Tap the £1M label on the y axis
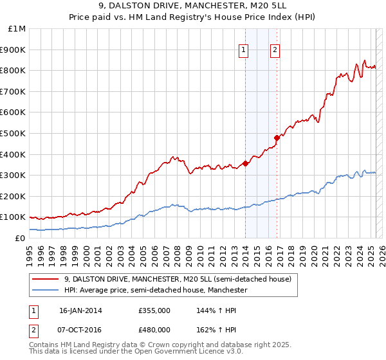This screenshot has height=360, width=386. [x=17, y=29]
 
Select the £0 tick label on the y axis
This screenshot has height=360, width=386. [x=21, y=238]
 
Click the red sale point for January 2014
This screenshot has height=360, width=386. [x=245, y=163]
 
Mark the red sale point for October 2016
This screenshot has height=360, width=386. [x=277, y=137]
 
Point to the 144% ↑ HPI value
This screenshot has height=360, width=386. [x=213, y=310]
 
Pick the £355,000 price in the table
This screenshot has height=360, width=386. [x=154, y=310]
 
